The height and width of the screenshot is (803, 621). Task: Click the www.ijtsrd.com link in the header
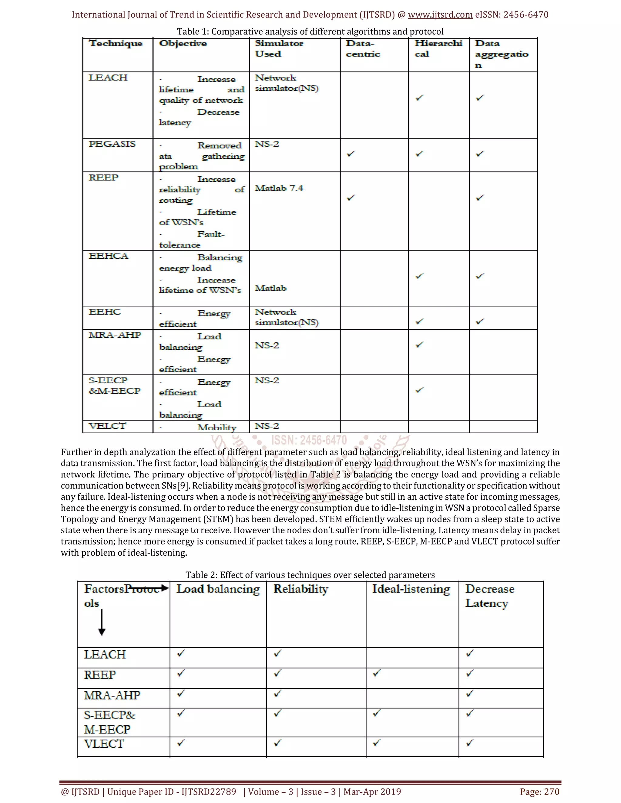coord(440,15)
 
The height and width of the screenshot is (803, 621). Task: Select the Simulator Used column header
coord(279,48)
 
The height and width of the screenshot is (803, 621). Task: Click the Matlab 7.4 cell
coord(279,188)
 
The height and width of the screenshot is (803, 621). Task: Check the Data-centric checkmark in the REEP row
coord(351,198)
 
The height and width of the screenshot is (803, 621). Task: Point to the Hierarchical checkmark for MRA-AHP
coord(419,345)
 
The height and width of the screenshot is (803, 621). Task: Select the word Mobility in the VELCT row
coord(217,427)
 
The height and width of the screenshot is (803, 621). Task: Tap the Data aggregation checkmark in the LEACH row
coord(480,98)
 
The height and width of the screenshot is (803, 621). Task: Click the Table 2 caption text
coord(310,575)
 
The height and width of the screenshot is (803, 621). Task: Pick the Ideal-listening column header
coord(411,589)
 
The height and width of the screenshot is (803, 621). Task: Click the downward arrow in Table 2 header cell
coord(102,622)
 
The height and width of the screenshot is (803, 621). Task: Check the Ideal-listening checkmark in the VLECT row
coord(376,743)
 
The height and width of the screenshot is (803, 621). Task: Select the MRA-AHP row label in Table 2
coord(112,695)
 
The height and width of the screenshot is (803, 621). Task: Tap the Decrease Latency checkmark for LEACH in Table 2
coord(470,654)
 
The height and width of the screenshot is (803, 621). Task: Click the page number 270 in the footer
coord(551,791)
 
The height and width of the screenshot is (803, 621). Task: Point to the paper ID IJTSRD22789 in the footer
coord(209,791)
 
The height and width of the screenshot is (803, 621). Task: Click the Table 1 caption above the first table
coord(310,32)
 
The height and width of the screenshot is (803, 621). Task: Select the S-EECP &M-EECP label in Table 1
coord(114,386)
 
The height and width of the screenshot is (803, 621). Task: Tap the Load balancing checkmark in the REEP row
coord(181,674)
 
